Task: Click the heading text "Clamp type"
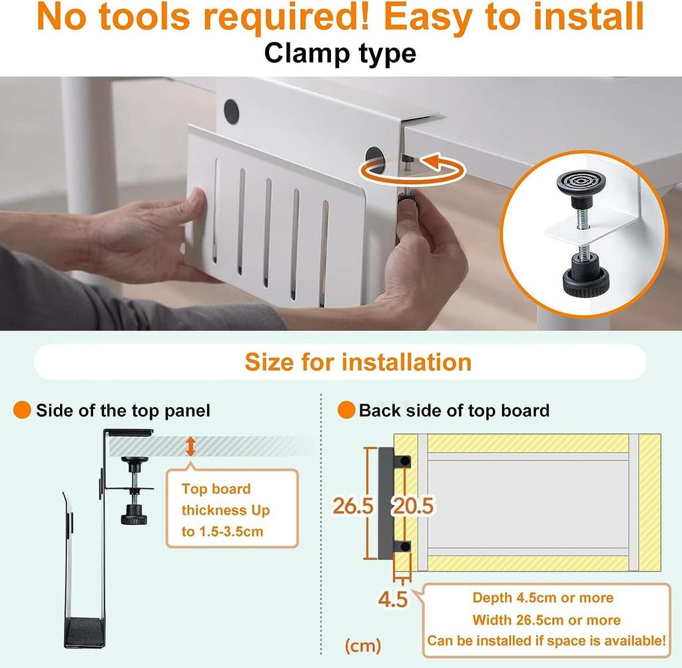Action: (x=340, y=53)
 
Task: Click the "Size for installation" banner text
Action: (x=358, y=362)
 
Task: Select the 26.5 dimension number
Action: (x=353, y=505)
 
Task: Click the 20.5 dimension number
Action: (x=414, y=505)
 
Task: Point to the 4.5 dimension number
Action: (x=393, y=599)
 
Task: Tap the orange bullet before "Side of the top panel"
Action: (x=22, y=410)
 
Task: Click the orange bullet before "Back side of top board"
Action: (x=346, y=410)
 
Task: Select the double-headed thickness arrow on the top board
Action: (x=190, y=447)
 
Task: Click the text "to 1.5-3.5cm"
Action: (x=222, y=531)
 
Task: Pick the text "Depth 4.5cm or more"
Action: (x=543, y=597)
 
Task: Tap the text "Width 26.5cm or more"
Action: (x=546, y=620)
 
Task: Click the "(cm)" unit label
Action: (x=363, y=646)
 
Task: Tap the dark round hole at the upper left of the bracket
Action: (x=231, y=112)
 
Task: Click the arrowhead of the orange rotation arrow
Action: (x=432, y=161)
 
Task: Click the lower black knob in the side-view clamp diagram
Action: (x=134, y=514)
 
